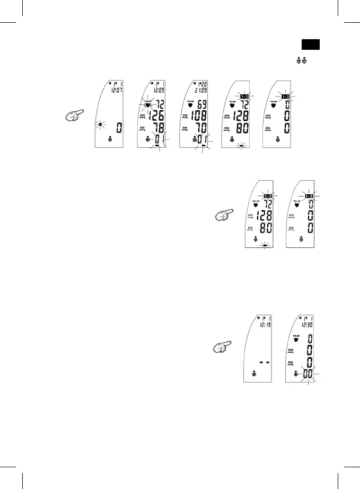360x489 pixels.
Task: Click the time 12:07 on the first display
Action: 115,91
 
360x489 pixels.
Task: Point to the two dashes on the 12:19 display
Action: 264,362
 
